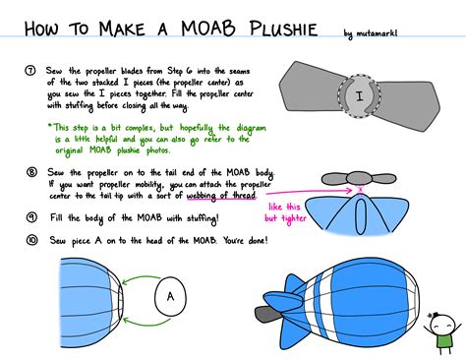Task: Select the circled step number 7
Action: point(30,72)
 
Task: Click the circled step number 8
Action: point(30,171)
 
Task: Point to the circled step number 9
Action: point(30,216)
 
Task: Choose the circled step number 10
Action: point(30,239)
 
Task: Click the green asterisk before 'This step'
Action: point(50,127)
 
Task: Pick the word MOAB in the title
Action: point(202,31)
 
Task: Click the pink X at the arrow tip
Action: point(361,189)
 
